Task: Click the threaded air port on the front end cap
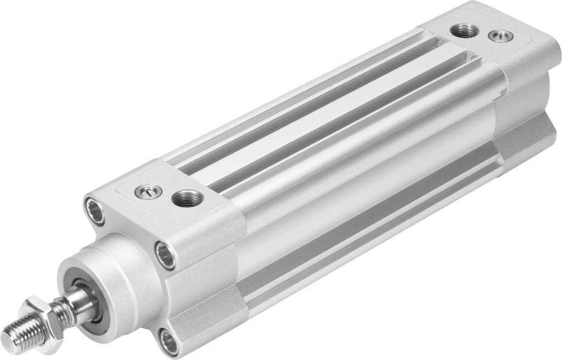point(188,199)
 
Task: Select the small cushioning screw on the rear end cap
point(501,36)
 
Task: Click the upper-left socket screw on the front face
point(94,211)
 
